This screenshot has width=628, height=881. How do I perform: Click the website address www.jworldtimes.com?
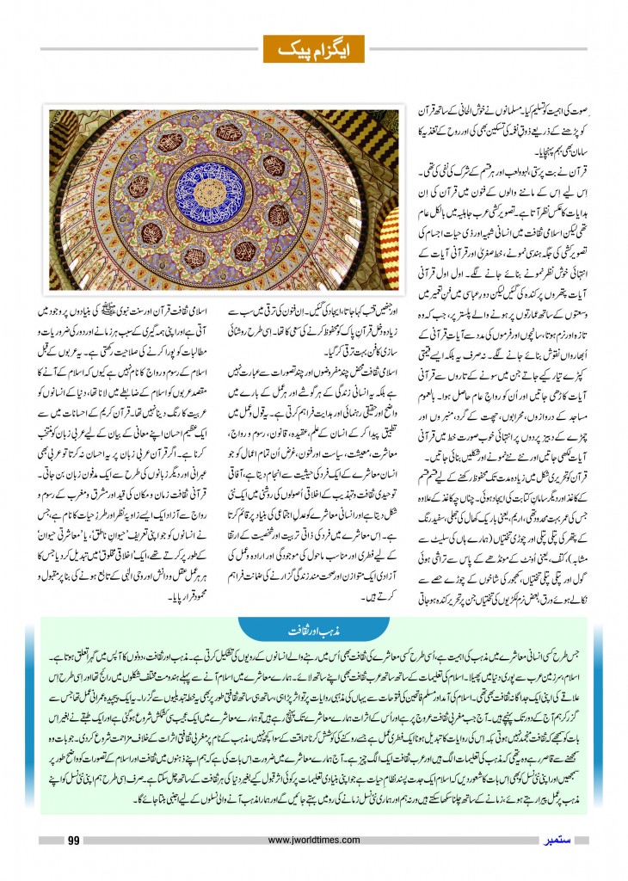[313, 840]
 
